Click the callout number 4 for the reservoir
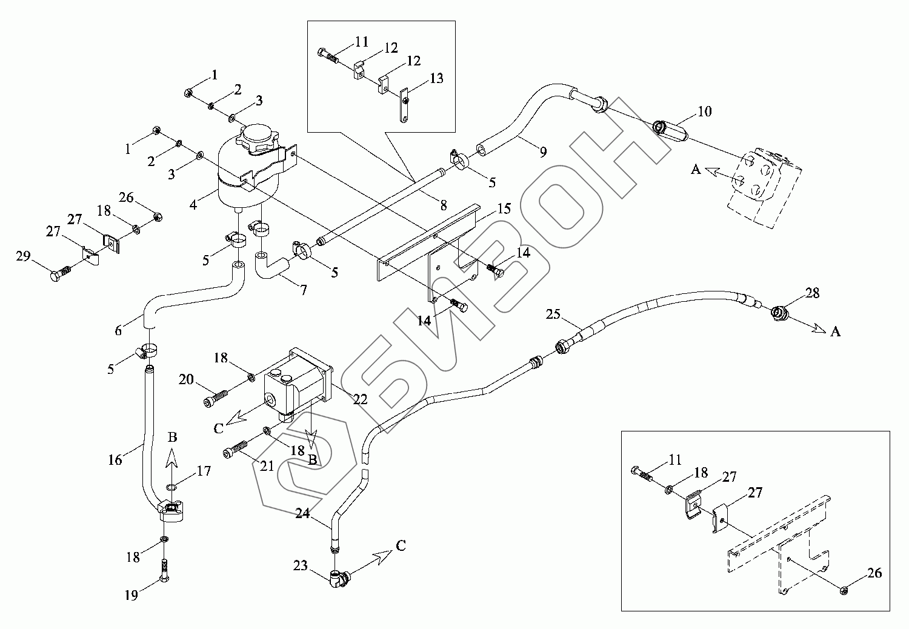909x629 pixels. pyautogui.click(x=194, y=205)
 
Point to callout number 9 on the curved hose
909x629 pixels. pyautogui.click(x=542, y=151)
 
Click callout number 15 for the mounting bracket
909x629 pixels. pyautogui.click(x=504, y=210)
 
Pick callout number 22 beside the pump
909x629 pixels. pyautogui.click(x=360, y=399)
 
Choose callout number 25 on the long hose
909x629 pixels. pyautogui.click(x=553, y=314)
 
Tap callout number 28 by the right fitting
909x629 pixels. pyautogui.click(x=812, y=294)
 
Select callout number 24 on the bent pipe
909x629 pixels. pyautogui.click(x=303, y=514)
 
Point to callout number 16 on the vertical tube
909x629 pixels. pyautogui.click(x=115, y=460)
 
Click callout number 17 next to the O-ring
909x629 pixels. pyautogui.click(x=204, y=471)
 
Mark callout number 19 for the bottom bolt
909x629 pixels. pyautogui.click(x=132, y=595)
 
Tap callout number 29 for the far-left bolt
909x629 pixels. pyautogui.click(x=23, y=258)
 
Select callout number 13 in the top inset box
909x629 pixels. pyautogui.click(x=436, y=79)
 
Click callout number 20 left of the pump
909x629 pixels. pyautogui.click(x=186, y=380)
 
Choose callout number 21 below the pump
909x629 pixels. pyautogui.click(x=267, y=465)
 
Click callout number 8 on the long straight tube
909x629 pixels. pyautogui.click(x=444, y=206)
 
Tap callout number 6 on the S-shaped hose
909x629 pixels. pyautogui.click(x=119, y=330)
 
